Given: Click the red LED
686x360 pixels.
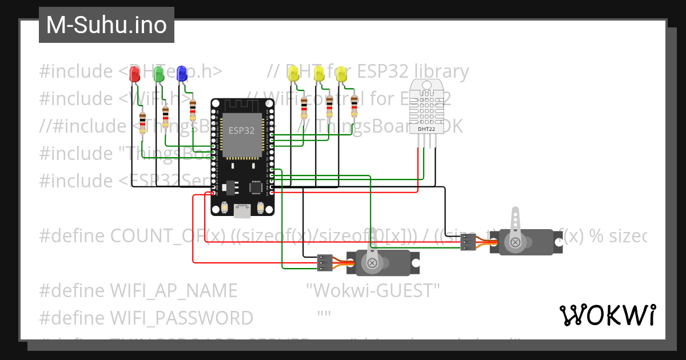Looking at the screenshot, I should (x=135, y=74).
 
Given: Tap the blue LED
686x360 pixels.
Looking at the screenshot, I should (x=182, y=73).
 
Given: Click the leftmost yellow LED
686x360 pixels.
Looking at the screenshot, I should (x=294, y=74).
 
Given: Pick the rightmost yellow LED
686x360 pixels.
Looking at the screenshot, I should (x=341, y=74).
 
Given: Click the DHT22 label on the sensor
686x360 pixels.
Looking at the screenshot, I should (x=425, y=129).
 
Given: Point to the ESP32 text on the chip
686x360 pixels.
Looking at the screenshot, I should (x=241, y=130).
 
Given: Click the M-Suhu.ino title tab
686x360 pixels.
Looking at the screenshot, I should (x=106, y=25).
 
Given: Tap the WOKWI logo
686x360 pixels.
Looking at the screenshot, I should (x=607, y=315).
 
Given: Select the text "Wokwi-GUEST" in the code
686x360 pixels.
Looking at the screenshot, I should (x=373, y=290).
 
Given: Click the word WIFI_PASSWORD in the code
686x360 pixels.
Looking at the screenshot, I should (x=181, y=318).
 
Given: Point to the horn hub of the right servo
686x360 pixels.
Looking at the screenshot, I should (x=516, y=242).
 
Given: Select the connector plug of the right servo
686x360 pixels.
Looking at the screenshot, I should (x=468, y=242).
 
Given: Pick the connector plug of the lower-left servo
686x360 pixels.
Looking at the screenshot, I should (x=325, y=262).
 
